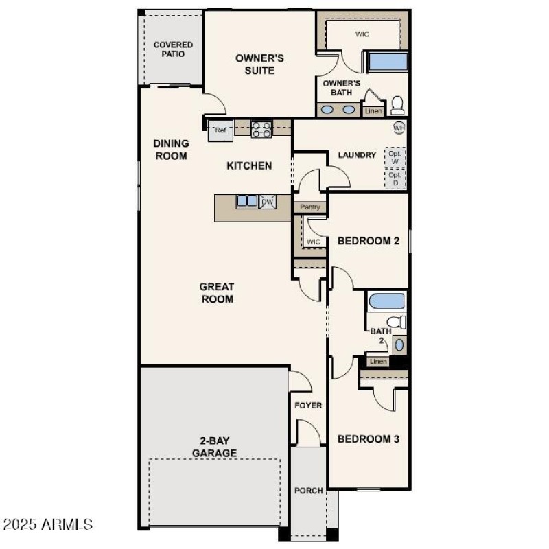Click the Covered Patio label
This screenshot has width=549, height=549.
click(173, 49)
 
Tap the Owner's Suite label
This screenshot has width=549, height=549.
click(259, 65)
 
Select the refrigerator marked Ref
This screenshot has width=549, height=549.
click(220, 130)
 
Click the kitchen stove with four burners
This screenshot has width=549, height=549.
click(261, 129)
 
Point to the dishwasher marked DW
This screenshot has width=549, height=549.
click(267, 201)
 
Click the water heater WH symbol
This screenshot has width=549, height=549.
click(399, 128)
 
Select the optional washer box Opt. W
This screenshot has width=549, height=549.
click(395, 157)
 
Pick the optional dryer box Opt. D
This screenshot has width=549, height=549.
click(395, 178)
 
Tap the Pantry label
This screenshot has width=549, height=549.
click(310, 207)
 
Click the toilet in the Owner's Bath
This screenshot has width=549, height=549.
click(397, 105)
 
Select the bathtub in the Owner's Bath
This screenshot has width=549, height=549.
click(388, 62)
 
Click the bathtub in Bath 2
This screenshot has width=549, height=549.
click(386, 301)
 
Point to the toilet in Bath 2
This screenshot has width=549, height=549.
click(394, 322)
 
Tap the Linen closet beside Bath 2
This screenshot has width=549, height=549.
click(378, 361)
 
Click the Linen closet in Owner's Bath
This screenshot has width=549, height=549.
click(373, 110)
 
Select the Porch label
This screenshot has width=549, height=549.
click(308, 491)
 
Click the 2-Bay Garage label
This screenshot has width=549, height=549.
click(214, 447)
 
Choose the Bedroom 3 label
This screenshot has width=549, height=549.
click(368, 439)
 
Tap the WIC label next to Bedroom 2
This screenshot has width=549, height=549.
click(314, 242)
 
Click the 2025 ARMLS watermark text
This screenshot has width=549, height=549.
click(48, 525)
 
